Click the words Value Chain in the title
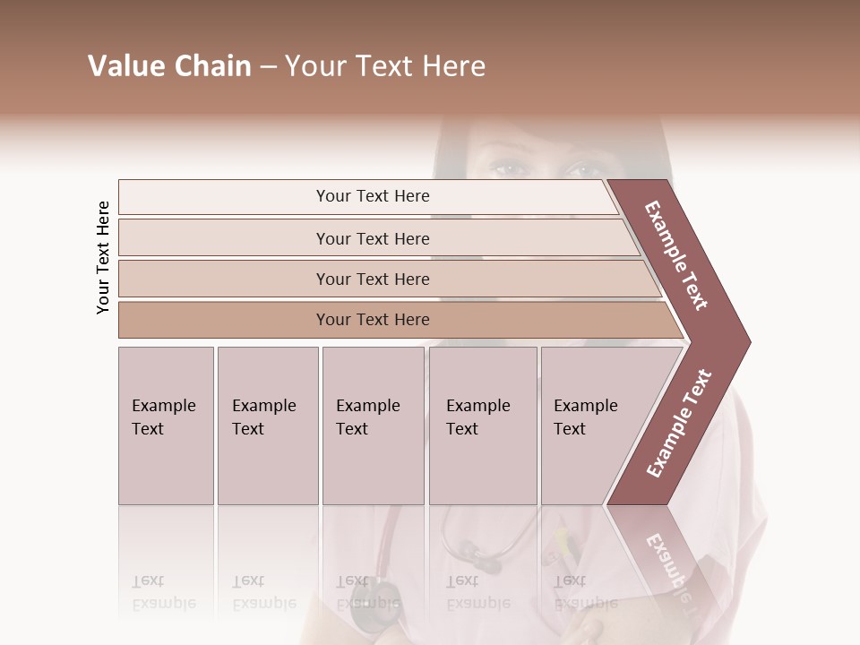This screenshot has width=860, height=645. pos(169,66)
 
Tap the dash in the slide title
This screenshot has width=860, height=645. pos(268,66)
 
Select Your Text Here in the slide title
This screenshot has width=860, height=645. pos(385,66)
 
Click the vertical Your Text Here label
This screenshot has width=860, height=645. pos(103,257)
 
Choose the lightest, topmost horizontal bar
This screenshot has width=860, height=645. pos(373,196)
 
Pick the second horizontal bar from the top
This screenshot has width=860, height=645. pos(373,238)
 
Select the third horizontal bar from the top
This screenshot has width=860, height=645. pos(373,279)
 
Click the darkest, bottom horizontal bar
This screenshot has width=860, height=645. pos(373,320)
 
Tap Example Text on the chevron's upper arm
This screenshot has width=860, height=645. pos(677,255)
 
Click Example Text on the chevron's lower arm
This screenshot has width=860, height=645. pos(678,424)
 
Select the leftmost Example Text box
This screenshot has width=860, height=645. pos(166,426)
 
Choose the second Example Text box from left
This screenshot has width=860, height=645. pos(267,426)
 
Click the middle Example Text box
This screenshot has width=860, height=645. pos(372,426)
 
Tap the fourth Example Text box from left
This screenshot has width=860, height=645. pos(482,426)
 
